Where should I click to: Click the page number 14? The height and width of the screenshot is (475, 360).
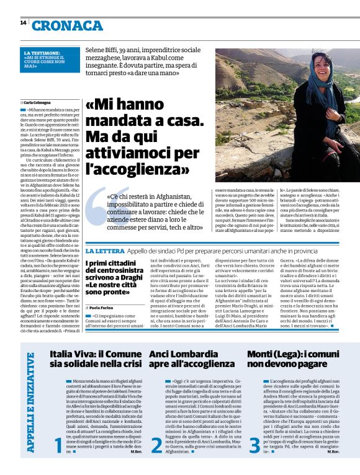coord(23,23)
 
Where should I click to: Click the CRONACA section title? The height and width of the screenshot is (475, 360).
coord(68,25)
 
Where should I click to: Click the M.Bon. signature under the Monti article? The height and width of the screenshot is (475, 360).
coord(348,451)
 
